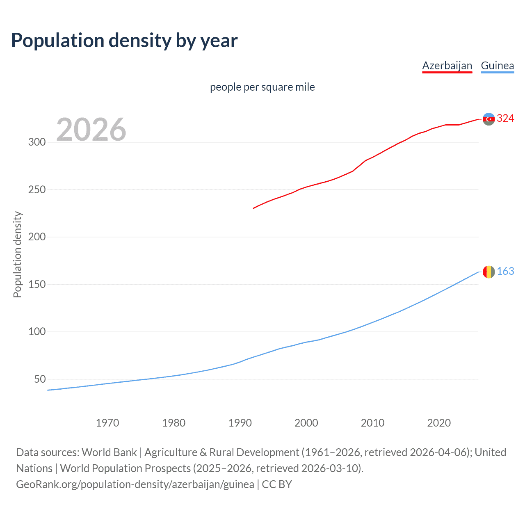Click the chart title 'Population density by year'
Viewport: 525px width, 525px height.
click(124, 41)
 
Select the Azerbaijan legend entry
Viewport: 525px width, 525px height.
click(447, 66)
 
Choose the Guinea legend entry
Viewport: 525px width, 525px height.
click(497, 66)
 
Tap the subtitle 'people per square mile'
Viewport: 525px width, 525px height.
click(262, 87)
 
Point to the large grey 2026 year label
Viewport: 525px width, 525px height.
click(91, 130)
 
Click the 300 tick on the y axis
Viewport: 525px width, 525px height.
click(37, 142)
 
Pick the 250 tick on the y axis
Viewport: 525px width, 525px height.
click(37, 190)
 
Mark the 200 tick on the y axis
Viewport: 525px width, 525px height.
click(37, 237)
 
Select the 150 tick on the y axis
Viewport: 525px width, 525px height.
click(37, 285)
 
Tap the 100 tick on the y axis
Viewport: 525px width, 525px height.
click(37, 332)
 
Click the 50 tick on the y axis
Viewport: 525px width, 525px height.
click(40, 379)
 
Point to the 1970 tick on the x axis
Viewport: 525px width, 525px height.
click(107, 423)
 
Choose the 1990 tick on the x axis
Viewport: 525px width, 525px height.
click(240, 423)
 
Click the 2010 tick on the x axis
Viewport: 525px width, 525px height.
click(372, 423)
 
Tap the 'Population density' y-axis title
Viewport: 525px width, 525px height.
click(17, 254)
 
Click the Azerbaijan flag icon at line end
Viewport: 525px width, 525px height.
click(488, 119)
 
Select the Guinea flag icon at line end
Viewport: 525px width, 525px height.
click(488, 272)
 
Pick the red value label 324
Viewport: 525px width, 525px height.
click(505, 119)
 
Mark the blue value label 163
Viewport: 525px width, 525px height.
click(505, 272)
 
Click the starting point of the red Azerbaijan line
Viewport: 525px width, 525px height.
click(253, 208)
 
